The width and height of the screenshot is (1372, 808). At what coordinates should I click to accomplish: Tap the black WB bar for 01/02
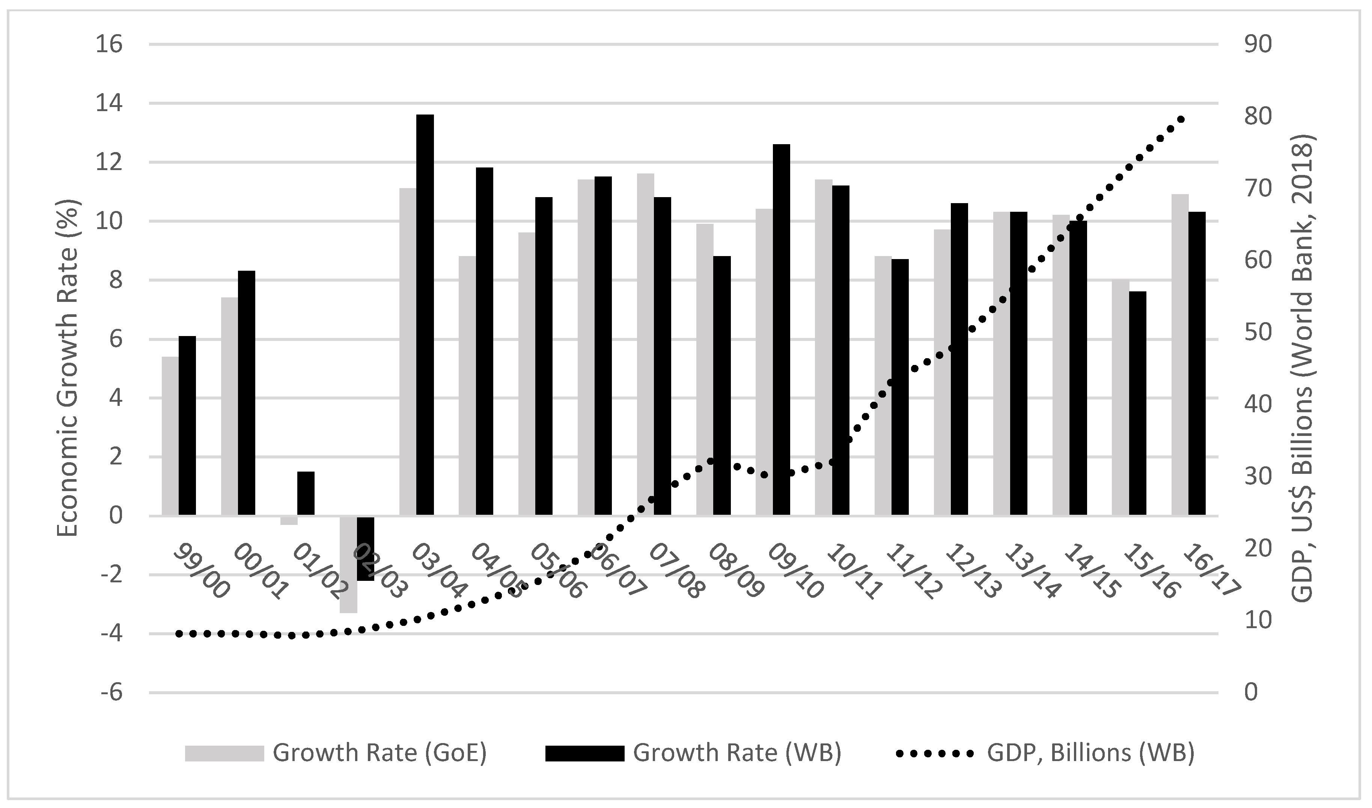pos(306,493)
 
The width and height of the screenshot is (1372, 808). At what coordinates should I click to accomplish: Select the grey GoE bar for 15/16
pos(1120,398)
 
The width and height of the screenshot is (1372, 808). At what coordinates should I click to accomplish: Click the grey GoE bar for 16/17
pos(1180,354)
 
